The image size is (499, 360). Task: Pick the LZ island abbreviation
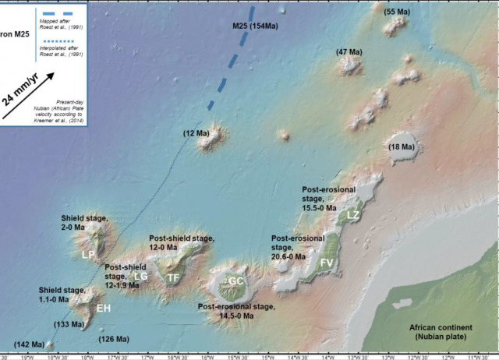tap(353, 214)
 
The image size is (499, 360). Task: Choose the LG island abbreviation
tap(140, 275)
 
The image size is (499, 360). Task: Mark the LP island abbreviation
tap(87, 254)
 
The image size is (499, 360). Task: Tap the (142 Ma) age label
tap(29, 344)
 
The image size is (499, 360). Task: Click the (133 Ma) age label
tap(69, 323)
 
